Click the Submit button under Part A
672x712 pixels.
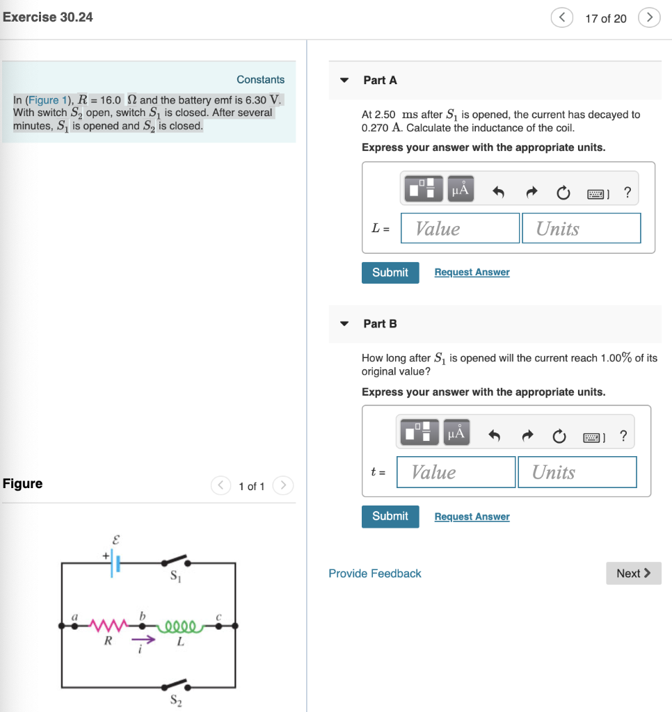pyautogui.click(x=390, y=273)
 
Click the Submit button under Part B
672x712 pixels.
pyautogui.click(x=390, y=516)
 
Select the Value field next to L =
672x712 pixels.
pyautogui.click(x=460, y=228)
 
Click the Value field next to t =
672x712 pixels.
pyautogui.click(x=456, y=472)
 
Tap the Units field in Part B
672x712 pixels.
pyautogui.click(x=577, y=472)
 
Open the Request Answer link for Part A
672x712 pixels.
pyautogui.click(x=472, y=273)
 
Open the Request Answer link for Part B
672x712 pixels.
pyautogui.click(x=472, y=517)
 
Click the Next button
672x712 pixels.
pyautogui.click(x=633, y=573)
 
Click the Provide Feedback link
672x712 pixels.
pyautogui.click(x=375, y=574)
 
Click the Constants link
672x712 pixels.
pyautogui.click(x=260, y=80)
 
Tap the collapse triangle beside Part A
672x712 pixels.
pyautogui.click(x=344, y=81)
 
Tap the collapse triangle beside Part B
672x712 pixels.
pyautogui.click(x=344, y=324)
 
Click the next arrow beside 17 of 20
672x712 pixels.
pyautogui.click(x=649, y=17)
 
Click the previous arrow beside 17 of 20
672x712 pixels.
pyautogui.click(x=563, y=17)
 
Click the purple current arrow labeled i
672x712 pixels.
pyautogui.click(x=143, y=639)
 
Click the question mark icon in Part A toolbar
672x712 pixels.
pyautogui.click(x=628, y=193)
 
